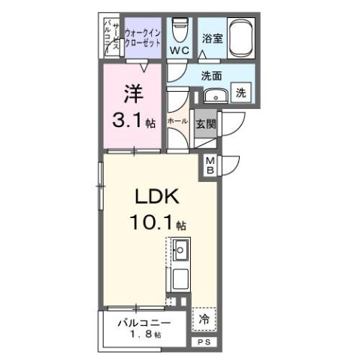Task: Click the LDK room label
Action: [x=156, y=197]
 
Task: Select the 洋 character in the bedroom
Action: [x=133, y=93]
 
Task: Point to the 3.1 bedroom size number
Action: [x=128, y=118]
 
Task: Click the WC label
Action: [x=178, y=50]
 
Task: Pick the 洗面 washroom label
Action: [x=211, y=75]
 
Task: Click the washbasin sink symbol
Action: [x=215, y=95]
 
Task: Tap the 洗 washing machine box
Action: [x=241, y=93]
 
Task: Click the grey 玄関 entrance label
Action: [x=205, y=123]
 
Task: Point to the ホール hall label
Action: [x=178, y=120]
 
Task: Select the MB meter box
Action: [x=210, y=165]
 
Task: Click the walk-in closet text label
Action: [x=143, y=37]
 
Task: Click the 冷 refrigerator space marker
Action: [x=204, y=319]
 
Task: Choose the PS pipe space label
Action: [x=204, y=342]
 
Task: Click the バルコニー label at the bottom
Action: [x=138, y=323]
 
